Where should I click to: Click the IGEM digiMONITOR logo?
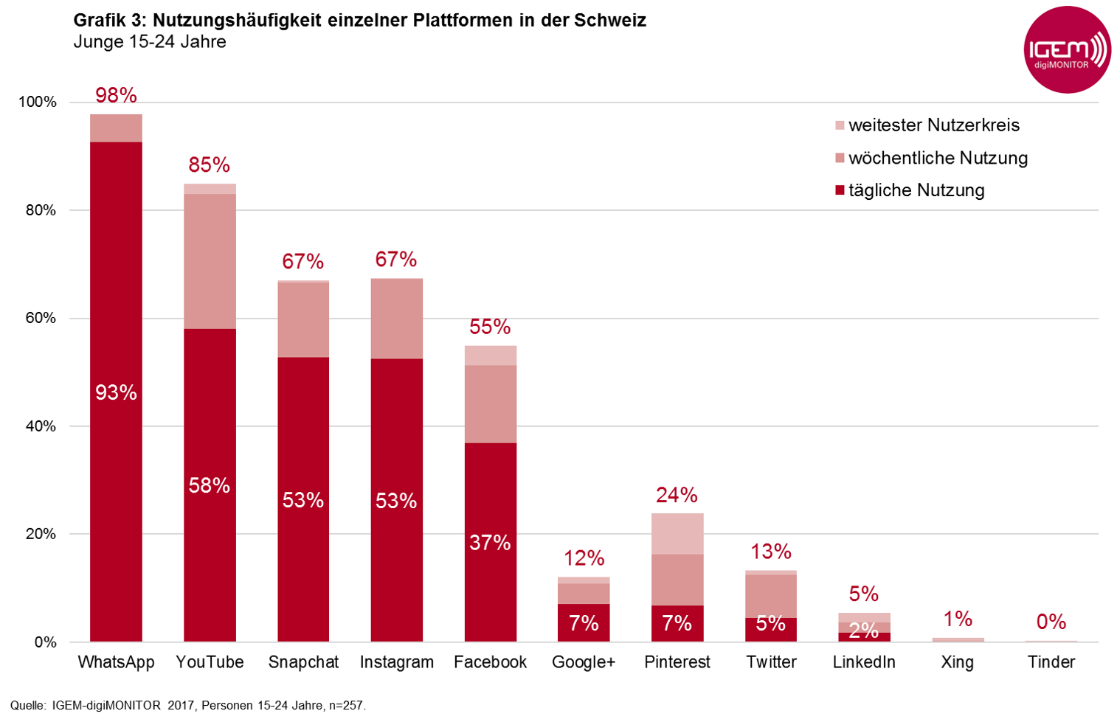click(1067, 50)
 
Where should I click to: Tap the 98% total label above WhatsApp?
click(116, 95)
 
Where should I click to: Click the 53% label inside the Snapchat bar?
click(303, 501)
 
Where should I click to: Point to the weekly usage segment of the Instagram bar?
click(397, 319)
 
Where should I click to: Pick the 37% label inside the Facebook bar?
click(490, 543)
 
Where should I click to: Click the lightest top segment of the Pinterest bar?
click(677, 533)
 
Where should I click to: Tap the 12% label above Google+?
click(584, 558)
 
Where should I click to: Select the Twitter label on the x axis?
click(771, 662)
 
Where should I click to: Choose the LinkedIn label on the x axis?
click(864, 662)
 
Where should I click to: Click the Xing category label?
click(958, 662)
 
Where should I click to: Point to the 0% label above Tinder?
click(1051, 622)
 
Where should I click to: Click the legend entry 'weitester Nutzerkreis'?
click(934, 125)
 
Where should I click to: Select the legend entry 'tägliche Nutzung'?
click(916, 190)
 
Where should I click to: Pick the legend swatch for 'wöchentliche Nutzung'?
click(840, 159)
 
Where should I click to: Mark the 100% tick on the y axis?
click(38, 103)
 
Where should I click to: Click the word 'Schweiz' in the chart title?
click(610, 21)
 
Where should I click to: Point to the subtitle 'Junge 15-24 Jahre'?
click(150, 42)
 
